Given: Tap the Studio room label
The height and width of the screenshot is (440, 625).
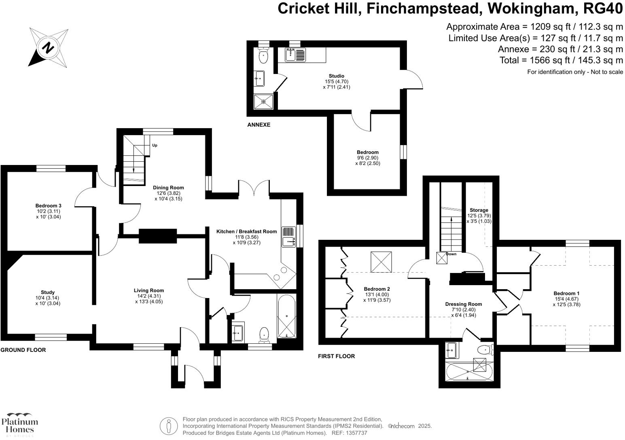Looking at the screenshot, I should pyautogui.click(x=336, y=76).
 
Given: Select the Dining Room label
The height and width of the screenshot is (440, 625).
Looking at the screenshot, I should pyautogui.click(x=168, y=188).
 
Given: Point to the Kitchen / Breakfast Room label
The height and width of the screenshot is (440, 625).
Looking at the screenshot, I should pyautogui.click(x=246, y=232).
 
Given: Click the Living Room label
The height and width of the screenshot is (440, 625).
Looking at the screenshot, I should pyautogui.click(x=149, y=290).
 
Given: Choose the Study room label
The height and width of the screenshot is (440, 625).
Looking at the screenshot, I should pyautogui.click(x=48, y=292).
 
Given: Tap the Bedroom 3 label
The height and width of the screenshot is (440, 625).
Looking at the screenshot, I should pyautogui.click(x=48, y=206).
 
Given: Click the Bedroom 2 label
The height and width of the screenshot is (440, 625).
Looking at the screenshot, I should pyautogui.click(x=377, y=289).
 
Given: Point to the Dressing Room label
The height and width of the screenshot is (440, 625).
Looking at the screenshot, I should pyautogui.click(x=464, y=304).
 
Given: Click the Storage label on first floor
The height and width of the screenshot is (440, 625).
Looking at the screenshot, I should pyautogui.click(x=479, y=210).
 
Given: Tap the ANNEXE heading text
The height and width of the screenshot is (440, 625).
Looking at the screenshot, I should pyautogui.click(x=258, y=125).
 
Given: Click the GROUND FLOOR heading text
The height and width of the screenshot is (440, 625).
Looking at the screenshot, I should pyautogui.click(x=23, y=350).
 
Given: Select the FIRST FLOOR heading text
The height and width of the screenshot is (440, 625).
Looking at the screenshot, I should pyautogui.click(x=336, y=356).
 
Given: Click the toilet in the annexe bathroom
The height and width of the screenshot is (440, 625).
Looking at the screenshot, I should pyautogui.click(x=263, y=57).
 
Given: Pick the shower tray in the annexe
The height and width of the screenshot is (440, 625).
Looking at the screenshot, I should pyautogui.click(x=263, y=102).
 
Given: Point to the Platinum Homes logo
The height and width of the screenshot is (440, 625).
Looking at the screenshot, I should pyautogui.click(x=19, y=424).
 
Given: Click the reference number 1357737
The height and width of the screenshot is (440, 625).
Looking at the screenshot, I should pyautogui.click(x=356, y=433).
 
